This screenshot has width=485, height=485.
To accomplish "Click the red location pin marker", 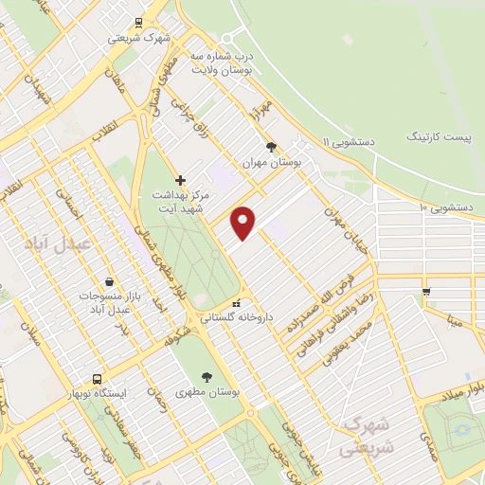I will (x=244, y=222).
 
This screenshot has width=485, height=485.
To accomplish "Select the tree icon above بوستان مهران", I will (x=272, y=147).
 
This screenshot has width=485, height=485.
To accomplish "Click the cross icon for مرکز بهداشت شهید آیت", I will (x=180, y=179).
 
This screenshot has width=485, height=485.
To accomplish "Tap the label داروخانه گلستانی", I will (x=242, y=319).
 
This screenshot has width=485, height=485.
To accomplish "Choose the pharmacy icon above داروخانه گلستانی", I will (x=237, y=303).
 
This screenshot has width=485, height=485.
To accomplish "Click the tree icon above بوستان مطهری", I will (x=207, y=377).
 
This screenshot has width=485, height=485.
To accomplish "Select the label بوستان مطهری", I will (x=208, y=392).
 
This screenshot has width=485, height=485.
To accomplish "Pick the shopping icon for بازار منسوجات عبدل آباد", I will (x=110, y=281).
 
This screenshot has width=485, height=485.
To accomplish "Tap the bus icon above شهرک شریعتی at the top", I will (x=139, y=23).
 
